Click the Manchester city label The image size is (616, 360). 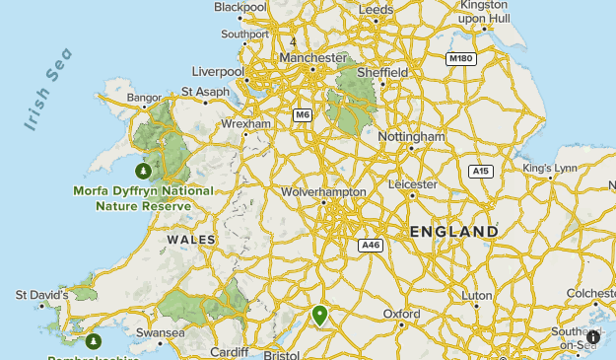(x=312, y=57)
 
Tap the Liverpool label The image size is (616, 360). (x=218, y=72)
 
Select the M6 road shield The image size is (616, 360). (x=303, y=115)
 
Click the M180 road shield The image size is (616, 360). (x=460, y=59)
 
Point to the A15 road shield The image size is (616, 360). (x=480, y=171)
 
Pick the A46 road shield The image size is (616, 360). (x=371, y=246)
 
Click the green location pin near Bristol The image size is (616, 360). (x=319, y=315)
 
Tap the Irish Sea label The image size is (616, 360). (x=48, y=89)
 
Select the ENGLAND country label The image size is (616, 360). (x=454, y=232)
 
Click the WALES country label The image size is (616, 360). (x=191, y=240)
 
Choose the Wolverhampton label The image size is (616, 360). (x=323, y=191)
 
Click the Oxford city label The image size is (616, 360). (x=402, y=314)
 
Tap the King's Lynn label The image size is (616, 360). (x=551, y=169)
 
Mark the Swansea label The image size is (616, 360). (x=161, y=333)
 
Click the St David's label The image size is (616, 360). (x=41, y=294)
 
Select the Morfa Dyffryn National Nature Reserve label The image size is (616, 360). (x=143, y=198)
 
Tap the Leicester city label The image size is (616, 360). (x=412, y=184)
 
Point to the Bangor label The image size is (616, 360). (x=144, y=98)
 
